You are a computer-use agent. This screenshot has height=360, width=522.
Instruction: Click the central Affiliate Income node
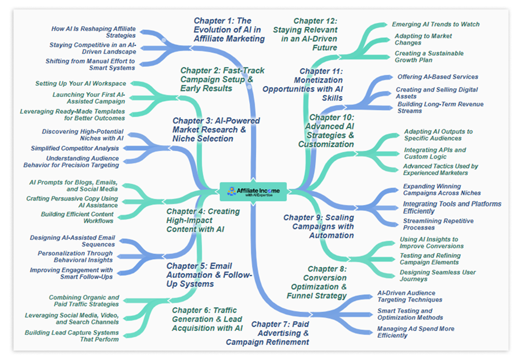[253, 192]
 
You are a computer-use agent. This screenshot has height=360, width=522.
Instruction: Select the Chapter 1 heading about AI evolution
[229, 30]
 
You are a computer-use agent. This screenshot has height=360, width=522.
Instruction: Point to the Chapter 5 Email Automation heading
[209, 274]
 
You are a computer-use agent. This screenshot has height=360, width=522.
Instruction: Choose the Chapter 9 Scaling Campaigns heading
[319, 226]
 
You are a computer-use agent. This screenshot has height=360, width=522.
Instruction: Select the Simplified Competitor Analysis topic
[75, 148]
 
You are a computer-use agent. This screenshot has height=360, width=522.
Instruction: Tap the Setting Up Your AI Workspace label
[80, 83]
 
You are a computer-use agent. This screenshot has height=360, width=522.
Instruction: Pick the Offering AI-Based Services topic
[437, 77]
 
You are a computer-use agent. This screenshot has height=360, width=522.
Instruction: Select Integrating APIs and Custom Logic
[434, 153]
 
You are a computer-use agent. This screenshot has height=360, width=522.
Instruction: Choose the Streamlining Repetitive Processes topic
[438, 224]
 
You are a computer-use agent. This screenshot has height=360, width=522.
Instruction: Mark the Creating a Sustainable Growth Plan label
[429, 56]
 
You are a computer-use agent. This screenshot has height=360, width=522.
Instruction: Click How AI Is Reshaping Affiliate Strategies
[94, 32]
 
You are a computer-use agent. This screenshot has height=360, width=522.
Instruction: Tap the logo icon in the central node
[232, 191]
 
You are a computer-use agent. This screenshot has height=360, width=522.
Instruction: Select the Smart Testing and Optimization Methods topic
[410, 314]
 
